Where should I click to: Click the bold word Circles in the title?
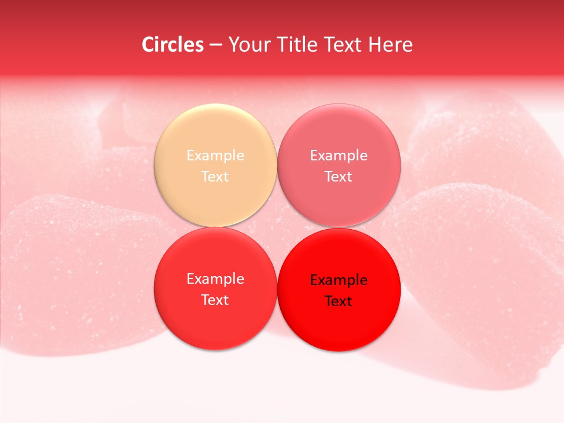[173, 45]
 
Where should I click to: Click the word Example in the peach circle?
[215, 156]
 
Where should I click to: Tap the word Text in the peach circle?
[215, 177]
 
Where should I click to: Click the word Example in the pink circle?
[339, 156]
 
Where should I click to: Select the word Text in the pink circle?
[339, 177]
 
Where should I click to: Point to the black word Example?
[339, 280]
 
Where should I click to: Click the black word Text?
[339, 301]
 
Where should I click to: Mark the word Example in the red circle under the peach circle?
[215, 279]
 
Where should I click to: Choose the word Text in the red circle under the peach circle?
[215, 300]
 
